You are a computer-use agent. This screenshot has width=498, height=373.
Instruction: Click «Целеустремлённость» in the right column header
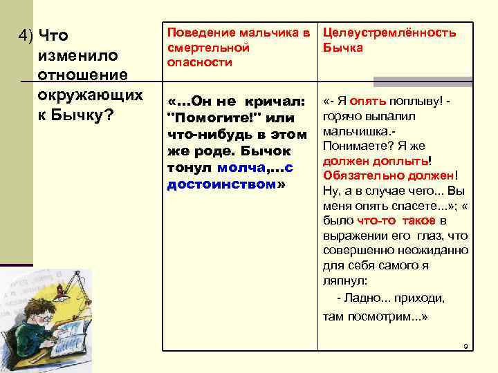click(390, 32)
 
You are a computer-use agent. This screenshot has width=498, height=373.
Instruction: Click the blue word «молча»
click(239, 168)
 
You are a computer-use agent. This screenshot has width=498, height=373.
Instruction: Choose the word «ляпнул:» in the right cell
click(345, 281)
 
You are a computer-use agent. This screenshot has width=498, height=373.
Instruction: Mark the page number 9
click(465, 346)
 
